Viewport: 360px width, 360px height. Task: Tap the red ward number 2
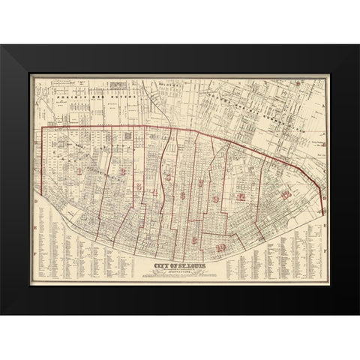point(121,172)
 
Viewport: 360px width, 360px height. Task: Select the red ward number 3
point(139,186)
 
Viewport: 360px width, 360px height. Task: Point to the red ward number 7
point(200,184)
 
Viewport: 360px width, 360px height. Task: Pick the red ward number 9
point(217,199)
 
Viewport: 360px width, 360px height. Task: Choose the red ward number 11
point(241,197)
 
